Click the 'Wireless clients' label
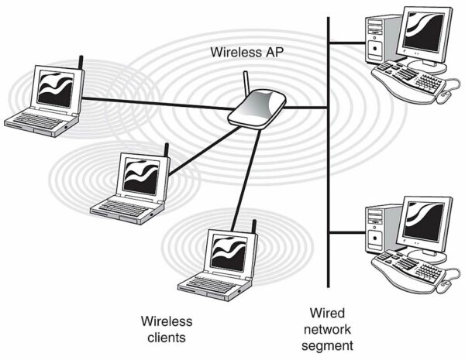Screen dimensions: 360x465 coord(166,328)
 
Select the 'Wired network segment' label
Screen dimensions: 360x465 coord(327,328)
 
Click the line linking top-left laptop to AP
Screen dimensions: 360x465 coord(155,103)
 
